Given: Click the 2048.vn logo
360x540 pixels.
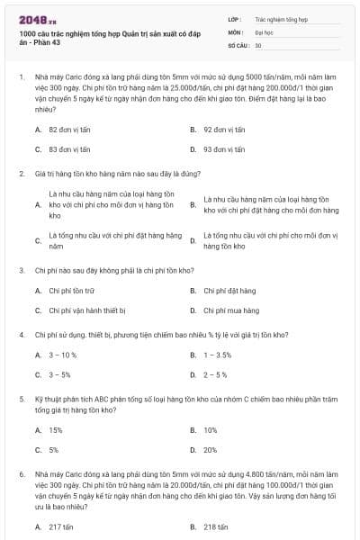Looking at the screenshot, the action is pos(33,20).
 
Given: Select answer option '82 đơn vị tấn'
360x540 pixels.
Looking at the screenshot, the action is pos(67,130).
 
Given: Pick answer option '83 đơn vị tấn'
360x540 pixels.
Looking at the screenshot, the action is pos(67,148).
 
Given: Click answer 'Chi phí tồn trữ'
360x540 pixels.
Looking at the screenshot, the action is pos(71,291).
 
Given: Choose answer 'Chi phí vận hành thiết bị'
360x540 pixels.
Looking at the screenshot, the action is pos(85,310).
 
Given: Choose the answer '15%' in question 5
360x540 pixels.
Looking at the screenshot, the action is pos(56,430).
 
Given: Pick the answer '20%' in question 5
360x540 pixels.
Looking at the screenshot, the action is pos(210,449).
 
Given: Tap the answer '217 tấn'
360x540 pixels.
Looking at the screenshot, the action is pos(61,526).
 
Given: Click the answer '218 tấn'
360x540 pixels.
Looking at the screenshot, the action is pos(215,526).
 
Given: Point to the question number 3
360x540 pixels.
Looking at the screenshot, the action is pos(21,269).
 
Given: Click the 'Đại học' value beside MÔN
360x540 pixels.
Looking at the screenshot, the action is pos(264,31).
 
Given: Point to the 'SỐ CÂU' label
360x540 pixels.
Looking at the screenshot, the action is pos(238,44).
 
